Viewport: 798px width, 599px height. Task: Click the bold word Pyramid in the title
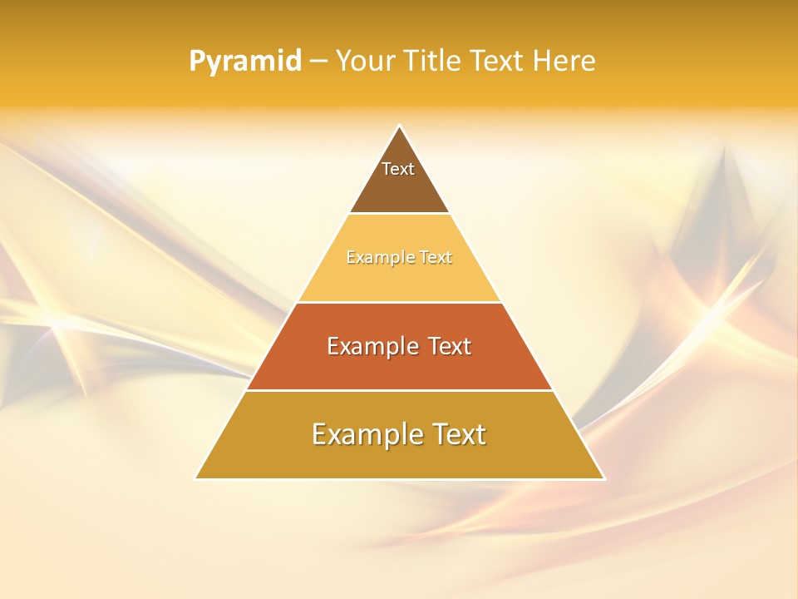[245, 62]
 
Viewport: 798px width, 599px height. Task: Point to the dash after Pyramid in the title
[318, 62]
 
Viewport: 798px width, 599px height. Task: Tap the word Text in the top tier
[398, 169]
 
